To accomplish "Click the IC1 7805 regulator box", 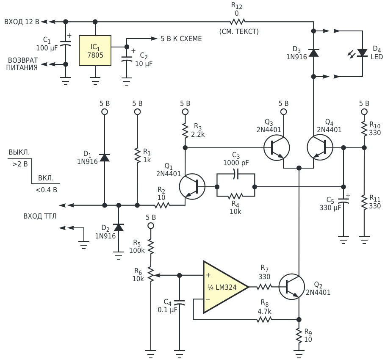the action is (95, 50).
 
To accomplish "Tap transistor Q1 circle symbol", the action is (192, 187).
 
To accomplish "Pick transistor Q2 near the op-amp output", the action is (292, 287).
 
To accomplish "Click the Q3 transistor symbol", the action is (277, 147).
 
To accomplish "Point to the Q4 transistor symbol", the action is (320, 147).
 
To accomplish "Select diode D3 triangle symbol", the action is (313, 53).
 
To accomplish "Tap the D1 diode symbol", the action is (105, 158).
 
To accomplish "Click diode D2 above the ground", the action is (119, 227).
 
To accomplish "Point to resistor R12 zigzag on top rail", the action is (238, 22).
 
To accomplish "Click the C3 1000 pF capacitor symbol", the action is (236, 174).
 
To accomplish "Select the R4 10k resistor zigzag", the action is (235, 196).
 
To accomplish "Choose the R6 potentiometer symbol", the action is (151, 275).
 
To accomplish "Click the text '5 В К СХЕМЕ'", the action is (181, 39).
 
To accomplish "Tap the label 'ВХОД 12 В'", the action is (22, 22).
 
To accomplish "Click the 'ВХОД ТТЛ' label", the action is (40, 216).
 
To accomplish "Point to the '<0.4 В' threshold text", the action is (47, 190).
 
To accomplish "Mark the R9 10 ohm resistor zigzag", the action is (299, 336).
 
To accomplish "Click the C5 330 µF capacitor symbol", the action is (343, 200).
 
